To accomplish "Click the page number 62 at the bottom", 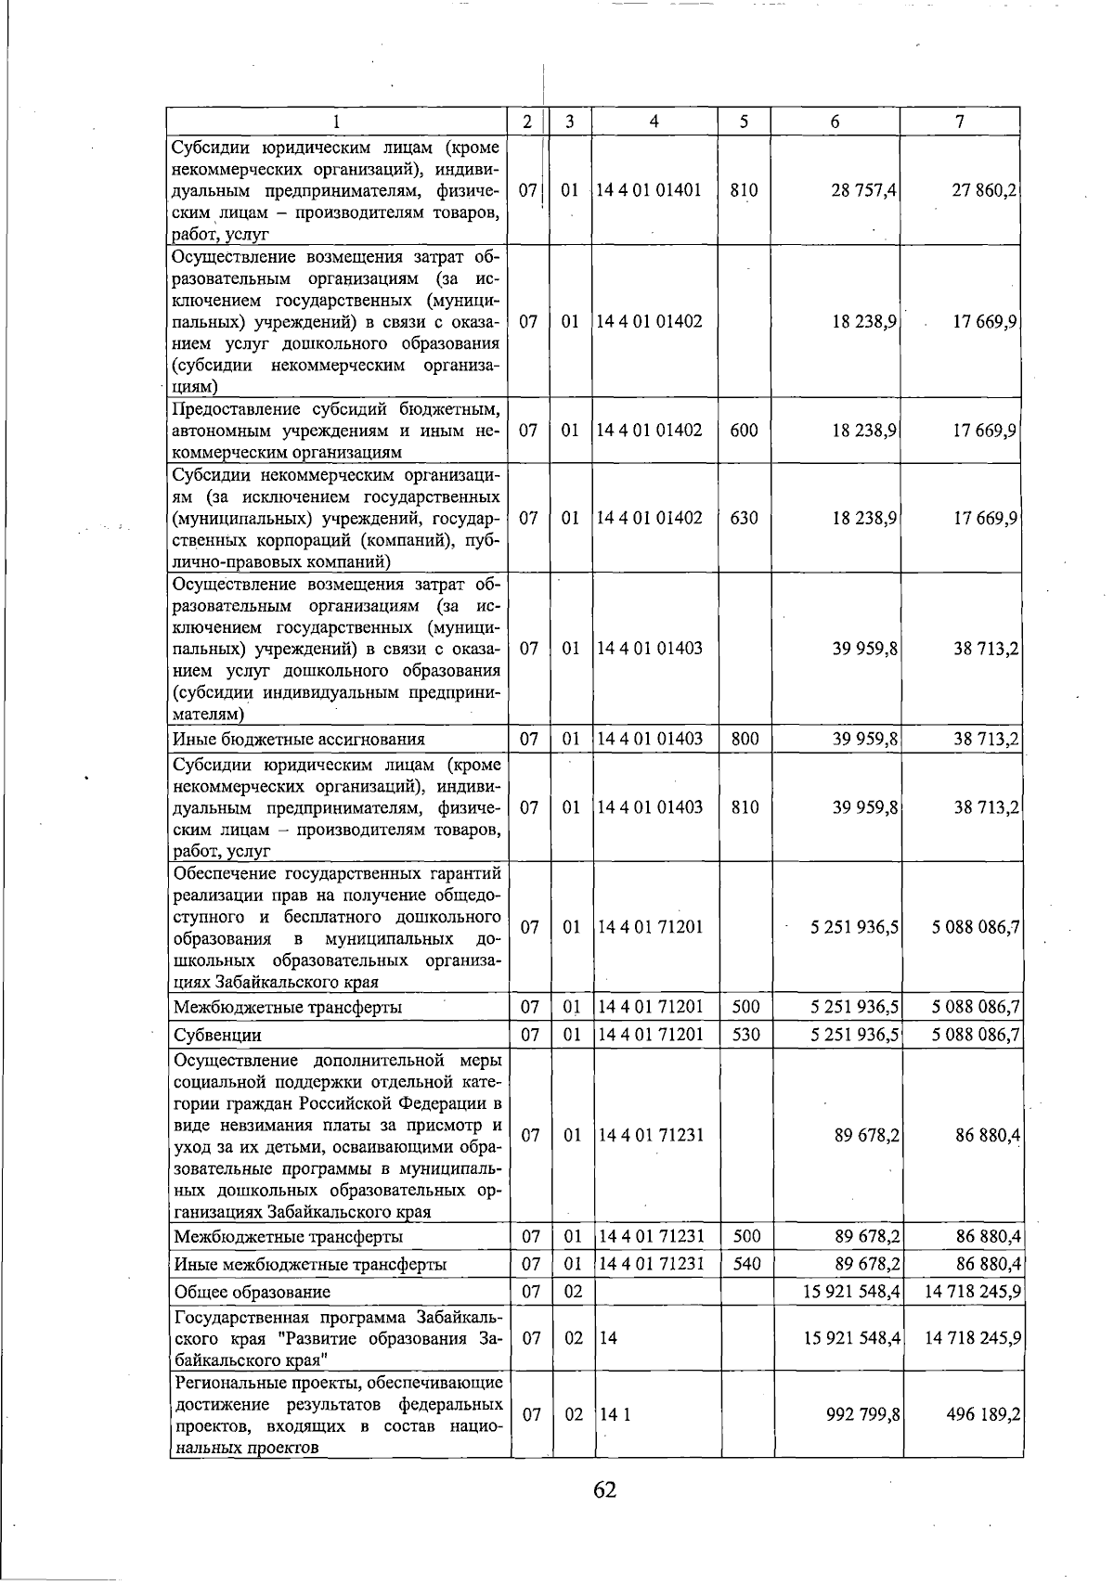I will click(x=604, y=1489).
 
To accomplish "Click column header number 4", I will click(x=654, y=122).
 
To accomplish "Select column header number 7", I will click(x=960, y=122).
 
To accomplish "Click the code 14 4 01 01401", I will click(x=649, y=190).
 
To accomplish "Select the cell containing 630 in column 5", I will click(x=744, y=518).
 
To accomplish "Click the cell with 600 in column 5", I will click(x=744, y=431).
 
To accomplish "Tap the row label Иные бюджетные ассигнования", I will click(x=299, y=740).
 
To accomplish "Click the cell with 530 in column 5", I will click(x=744, y=1034).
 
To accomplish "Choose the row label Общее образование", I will click(x=253, y=1292).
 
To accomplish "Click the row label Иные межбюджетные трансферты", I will click(x=310, y=1264).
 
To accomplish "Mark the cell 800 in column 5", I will click(x=744, y=739).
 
